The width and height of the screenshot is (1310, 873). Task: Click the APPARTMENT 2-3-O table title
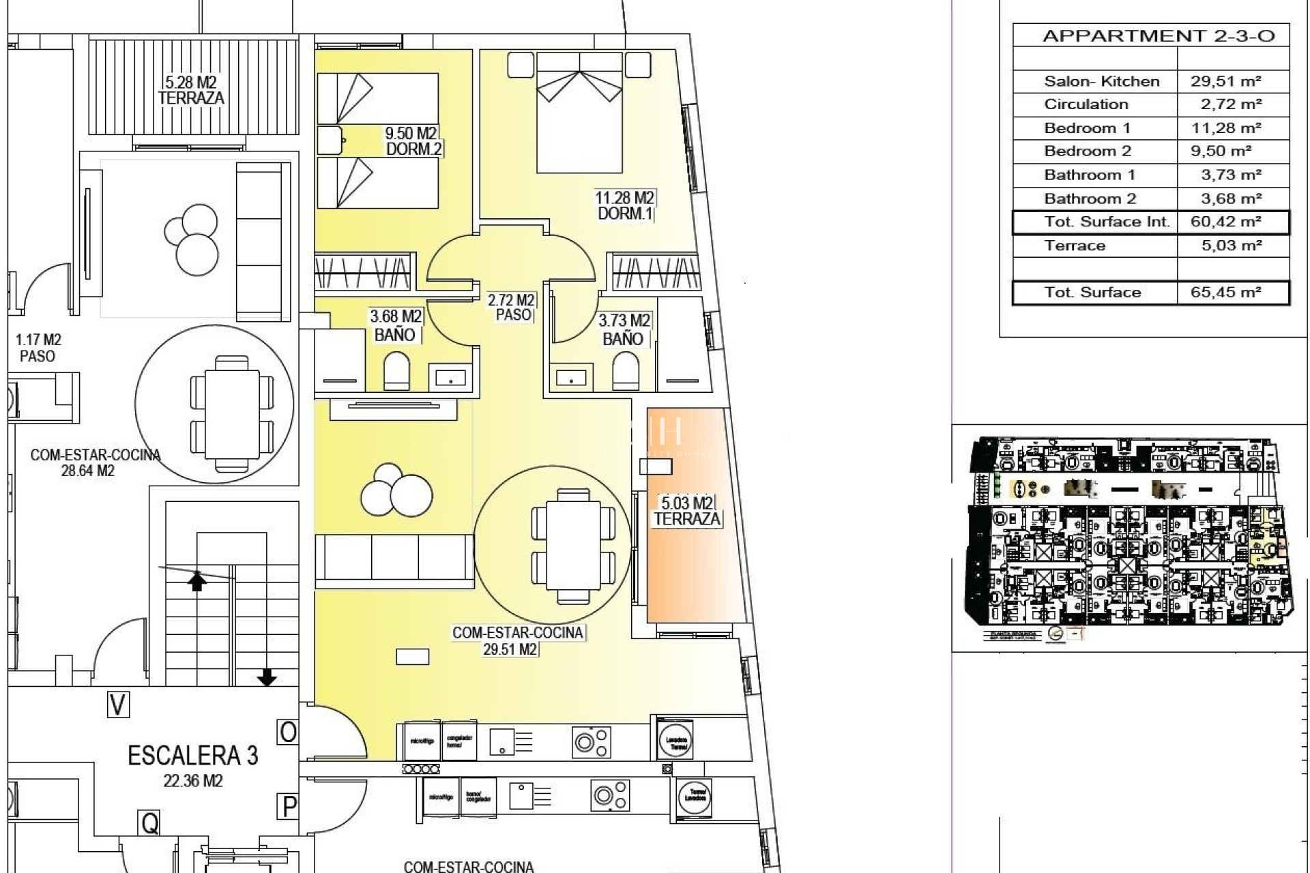click(x=1158, y=36)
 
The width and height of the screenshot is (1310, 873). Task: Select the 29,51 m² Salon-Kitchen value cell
click(x=1225, y=81)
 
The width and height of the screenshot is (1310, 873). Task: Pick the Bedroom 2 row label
click(x=1087, y=151)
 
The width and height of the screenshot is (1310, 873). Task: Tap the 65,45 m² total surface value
click(x=1225, y=293)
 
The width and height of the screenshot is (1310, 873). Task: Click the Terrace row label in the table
click(x=1074, y=246)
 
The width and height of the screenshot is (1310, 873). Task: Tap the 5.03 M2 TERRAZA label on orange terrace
click(x=686, y=512)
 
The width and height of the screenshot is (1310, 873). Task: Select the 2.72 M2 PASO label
click(x=511, y=308)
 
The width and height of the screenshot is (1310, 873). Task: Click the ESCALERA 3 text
click(x=193, y=756)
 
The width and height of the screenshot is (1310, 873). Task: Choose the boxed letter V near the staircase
click(x=118, y=705)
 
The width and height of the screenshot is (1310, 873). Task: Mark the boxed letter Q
click(x=149, y=823)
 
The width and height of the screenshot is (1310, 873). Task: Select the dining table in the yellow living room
click(x=566, y=546)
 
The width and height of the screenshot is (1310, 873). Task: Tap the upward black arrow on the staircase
click(x=197, y=581)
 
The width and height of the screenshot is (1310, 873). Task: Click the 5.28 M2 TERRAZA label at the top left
click(x=191, y=91)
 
